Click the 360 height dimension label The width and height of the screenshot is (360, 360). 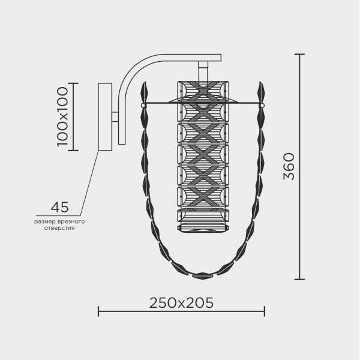coord(289,166)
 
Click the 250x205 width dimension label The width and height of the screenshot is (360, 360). coord(181,303)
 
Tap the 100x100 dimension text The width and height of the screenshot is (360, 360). coord(62,116)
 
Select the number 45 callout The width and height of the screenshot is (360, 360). coord(59,207)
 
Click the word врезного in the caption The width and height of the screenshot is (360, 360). coord(71,222)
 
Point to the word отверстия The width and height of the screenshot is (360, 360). coord(59,228)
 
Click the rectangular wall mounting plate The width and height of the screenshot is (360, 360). coord(105,117)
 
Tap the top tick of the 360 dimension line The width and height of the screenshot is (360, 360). coord(299,55)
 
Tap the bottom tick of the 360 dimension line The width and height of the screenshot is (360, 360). coord(299,279)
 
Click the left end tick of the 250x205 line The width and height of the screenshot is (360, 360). coord(98,311)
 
